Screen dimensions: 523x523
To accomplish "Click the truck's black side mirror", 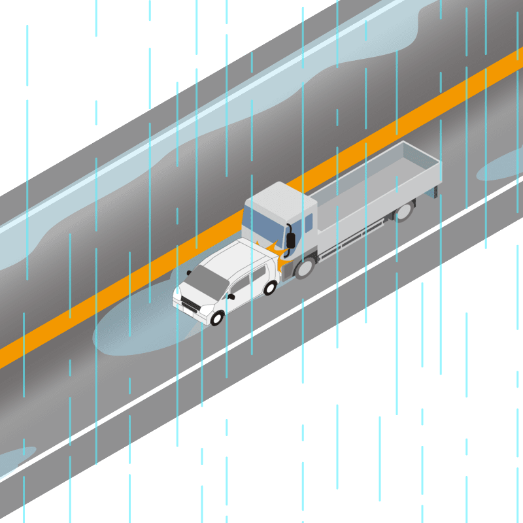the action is pyautogui.click(x=290, y=239).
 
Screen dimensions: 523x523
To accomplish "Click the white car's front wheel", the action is pyautogui.click(x=216, y=318).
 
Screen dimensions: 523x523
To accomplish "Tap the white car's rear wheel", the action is pyautogui.click(x=269, y=287).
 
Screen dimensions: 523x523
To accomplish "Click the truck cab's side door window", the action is pyautogui.click(x=308, y=225).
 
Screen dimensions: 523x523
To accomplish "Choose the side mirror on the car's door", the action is pyautogui.click(x=230, y=296).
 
